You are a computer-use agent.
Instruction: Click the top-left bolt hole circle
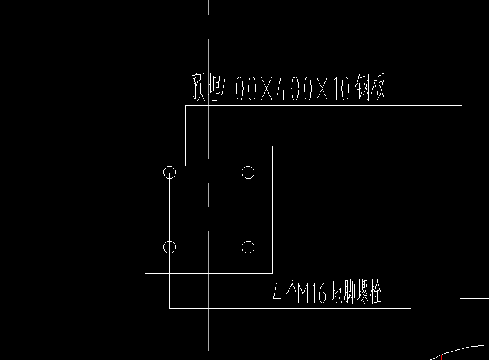coord(169,172)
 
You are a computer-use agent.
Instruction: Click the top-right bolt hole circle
coord(248,172)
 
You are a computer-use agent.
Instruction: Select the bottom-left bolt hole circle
coord(169,247)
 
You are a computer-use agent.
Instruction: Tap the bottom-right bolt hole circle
coord(248,247)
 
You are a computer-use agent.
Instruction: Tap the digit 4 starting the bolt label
coord(278,293)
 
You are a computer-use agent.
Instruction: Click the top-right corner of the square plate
coord(272,146)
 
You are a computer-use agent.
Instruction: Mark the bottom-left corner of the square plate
coord(145,273)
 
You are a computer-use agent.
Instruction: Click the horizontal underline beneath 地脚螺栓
coord(351,308)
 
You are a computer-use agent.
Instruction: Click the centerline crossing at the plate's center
coord(208,209)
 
